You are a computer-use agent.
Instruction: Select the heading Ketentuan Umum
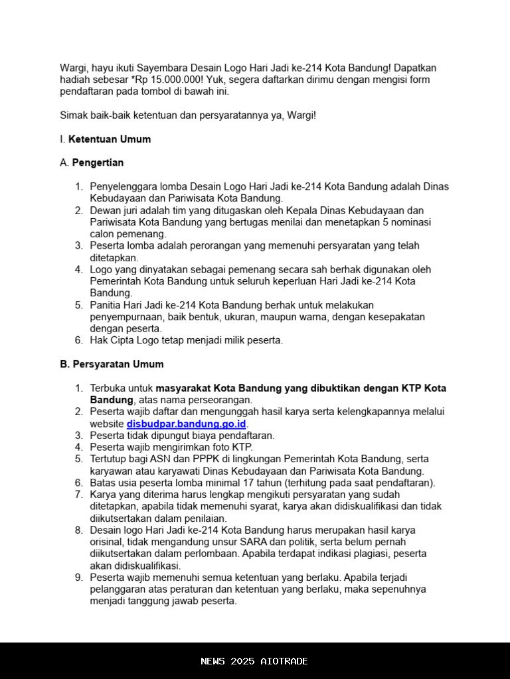coord(110,139)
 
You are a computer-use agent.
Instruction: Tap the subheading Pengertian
coord(98,162)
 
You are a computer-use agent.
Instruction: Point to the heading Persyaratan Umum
coord(118,364)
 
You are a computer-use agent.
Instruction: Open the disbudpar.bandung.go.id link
coord(187,424)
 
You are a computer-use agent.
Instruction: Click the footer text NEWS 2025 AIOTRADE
coord(254,661)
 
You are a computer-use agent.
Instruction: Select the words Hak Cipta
coord(112,340)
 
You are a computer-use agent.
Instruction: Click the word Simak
coord(74,115)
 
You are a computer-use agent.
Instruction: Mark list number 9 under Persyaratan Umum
coord(78,578)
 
